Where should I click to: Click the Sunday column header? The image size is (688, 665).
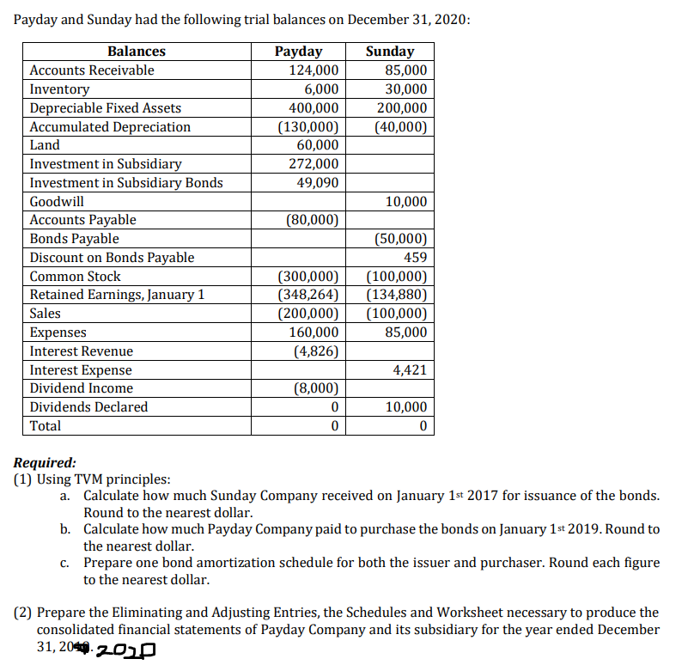point(389,52)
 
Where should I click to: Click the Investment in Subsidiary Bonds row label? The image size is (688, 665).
point(125,182)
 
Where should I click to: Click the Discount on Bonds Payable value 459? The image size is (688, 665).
point(415,257)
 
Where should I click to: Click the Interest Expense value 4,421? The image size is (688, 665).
point(409,369)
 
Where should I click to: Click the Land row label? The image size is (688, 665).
point(45,145)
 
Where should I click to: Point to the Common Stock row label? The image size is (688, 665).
point(75,276)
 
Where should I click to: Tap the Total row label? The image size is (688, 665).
point(46,425)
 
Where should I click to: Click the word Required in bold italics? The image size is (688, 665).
point(45,462)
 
